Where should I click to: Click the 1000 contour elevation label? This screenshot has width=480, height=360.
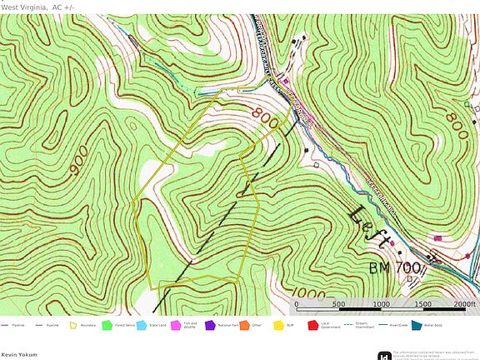(310, 293)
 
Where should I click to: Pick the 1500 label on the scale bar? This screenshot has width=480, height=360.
(422, 304)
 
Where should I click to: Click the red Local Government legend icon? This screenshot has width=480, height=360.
(313, 325)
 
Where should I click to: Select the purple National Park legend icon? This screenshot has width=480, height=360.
(210, 325)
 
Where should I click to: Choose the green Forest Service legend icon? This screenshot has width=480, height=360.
(107, 325)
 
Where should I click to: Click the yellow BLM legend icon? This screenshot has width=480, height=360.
(278, 325)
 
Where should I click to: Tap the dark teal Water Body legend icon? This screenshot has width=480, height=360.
(417, 325)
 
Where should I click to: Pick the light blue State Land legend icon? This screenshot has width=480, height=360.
(141, 325)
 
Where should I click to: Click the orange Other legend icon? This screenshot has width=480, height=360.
(244, 325)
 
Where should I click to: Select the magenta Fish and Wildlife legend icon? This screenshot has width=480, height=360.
(176, 325)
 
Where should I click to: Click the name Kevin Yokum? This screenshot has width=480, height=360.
(18, 354)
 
